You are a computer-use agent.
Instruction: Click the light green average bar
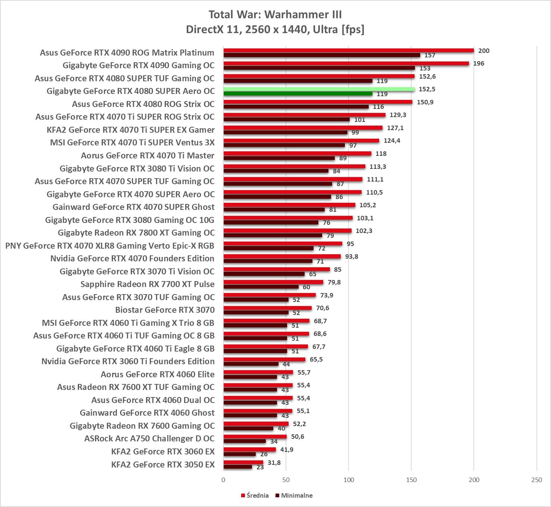[x=319, y=89]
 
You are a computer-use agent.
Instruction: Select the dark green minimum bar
[x=297, y=94]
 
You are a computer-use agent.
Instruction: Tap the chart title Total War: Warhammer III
[x=275, y=15]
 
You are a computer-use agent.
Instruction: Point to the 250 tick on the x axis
[x=536, y=480]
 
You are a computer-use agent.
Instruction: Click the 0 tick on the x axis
[x=223, y=480]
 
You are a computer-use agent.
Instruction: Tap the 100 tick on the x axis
[x=349, y=480]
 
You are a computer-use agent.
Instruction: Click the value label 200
[x=484, y=51]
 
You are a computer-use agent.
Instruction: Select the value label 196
[x=479, y=63]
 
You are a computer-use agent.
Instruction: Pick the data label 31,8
[x=274, y=463]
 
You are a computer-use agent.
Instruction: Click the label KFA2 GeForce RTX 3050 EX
[x=163, y=465]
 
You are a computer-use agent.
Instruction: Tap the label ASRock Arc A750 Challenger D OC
[x=149, y=438]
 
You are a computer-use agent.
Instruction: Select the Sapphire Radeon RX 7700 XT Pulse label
[x=148, y=284]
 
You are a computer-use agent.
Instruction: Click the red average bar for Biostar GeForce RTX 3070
[x=267, y=308]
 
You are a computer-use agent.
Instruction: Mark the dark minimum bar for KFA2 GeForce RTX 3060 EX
[x=239, y=454]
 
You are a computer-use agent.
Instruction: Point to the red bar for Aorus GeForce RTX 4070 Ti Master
[x=297, y=154]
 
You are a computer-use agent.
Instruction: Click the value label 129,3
[x=398, y=115]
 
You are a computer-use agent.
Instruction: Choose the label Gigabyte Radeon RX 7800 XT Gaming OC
[x=136, y=233]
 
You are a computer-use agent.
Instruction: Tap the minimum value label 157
[x=430, y=55]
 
